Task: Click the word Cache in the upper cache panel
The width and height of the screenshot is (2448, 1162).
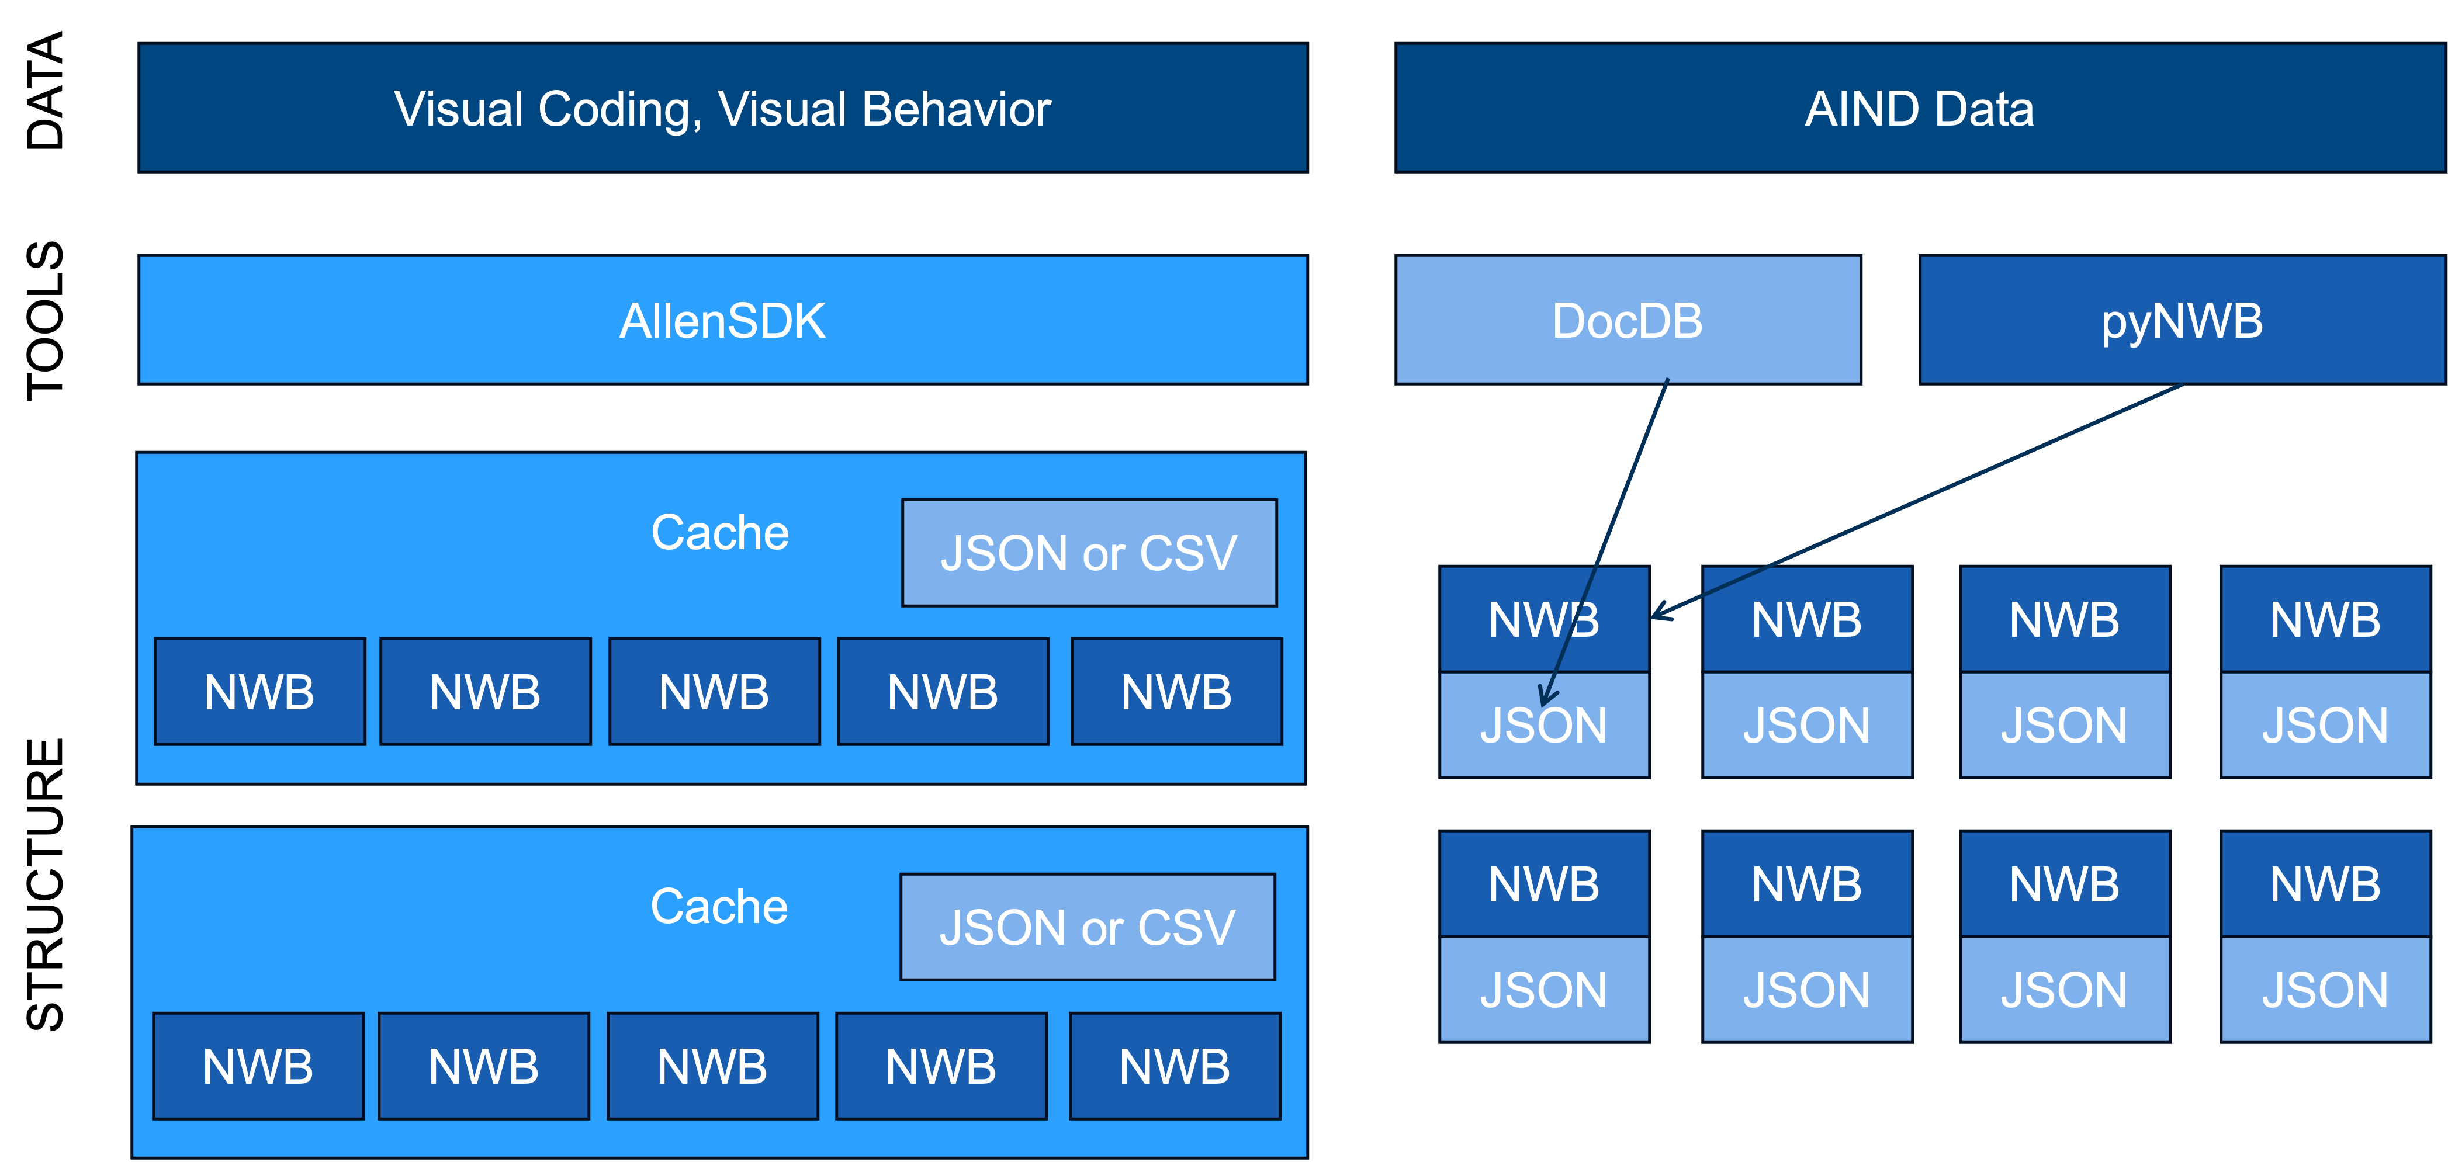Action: pyautogui.click(x=719, y=532)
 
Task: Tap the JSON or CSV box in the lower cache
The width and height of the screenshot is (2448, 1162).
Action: pyautogui.click(x=1087, y=927)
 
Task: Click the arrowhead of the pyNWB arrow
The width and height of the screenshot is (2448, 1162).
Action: pyautogui.click(x=1659, y=613)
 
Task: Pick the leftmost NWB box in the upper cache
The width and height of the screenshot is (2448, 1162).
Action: pyautogui.click(x=259, y=692)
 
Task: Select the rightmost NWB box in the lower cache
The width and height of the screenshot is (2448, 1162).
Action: pyautogui.click(x=1175, y=1066)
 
